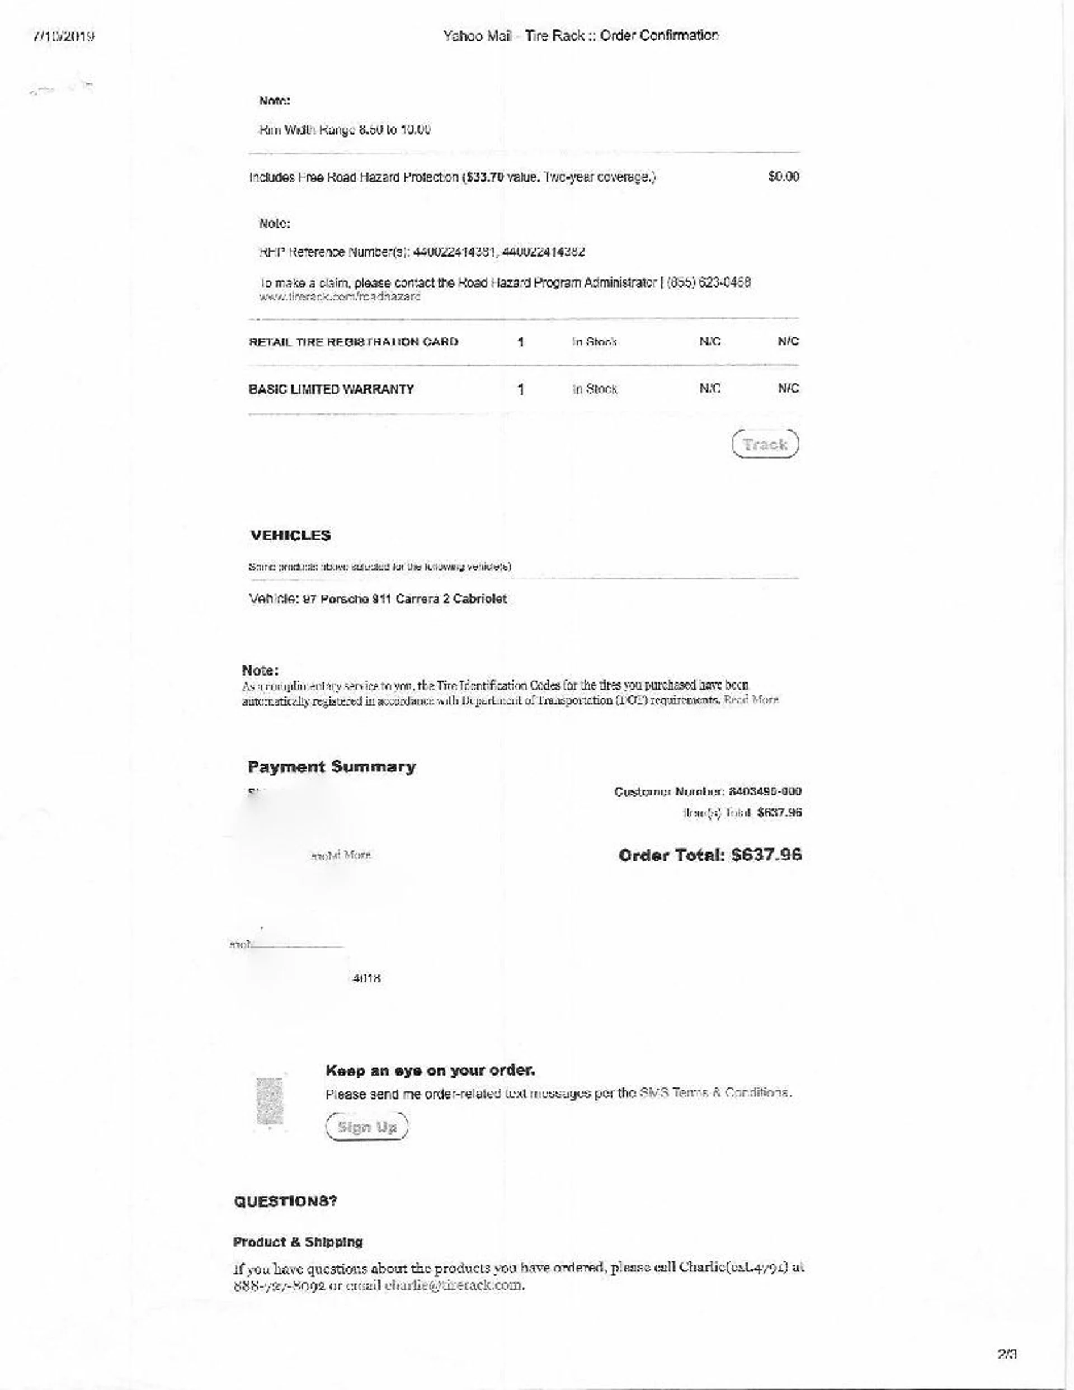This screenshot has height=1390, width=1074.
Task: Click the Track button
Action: pos(765,444)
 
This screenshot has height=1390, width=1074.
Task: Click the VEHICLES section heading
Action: pos(290,535)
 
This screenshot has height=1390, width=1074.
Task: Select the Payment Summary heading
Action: pos(332,767)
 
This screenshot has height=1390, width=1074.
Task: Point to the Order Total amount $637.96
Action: pos(709,855)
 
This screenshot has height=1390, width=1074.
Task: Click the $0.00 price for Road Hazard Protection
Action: pos(783,177)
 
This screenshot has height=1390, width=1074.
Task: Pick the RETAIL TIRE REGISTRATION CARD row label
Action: pos(354,342)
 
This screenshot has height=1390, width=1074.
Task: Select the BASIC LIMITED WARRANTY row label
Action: pos(331,389)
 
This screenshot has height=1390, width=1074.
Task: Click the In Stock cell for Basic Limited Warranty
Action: pos(594,389)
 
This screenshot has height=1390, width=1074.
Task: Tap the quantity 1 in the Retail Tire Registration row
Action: pos(521,342)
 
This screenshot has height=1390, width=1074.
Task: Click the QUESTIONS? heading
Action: pos(286,1201)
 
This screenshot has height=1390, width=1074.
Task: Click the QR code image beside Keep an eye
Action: pos(269,1100)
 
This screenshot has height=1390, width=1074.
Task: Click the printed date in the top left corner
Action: pos(64,36)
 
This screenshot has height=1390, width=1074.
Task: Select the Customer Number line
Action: pos(707,791)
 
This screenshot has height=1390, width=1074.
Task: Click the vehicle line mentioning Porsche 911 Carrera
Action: pos(378,599)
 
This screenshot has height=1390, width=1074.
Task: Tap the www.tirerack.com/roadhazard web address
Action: pos(340,296)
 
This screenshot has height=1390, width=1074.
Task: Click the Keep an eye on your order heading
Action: pos(430,1071)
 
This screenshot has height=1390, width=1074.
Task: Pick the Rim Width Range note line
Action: pos(345,130)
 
